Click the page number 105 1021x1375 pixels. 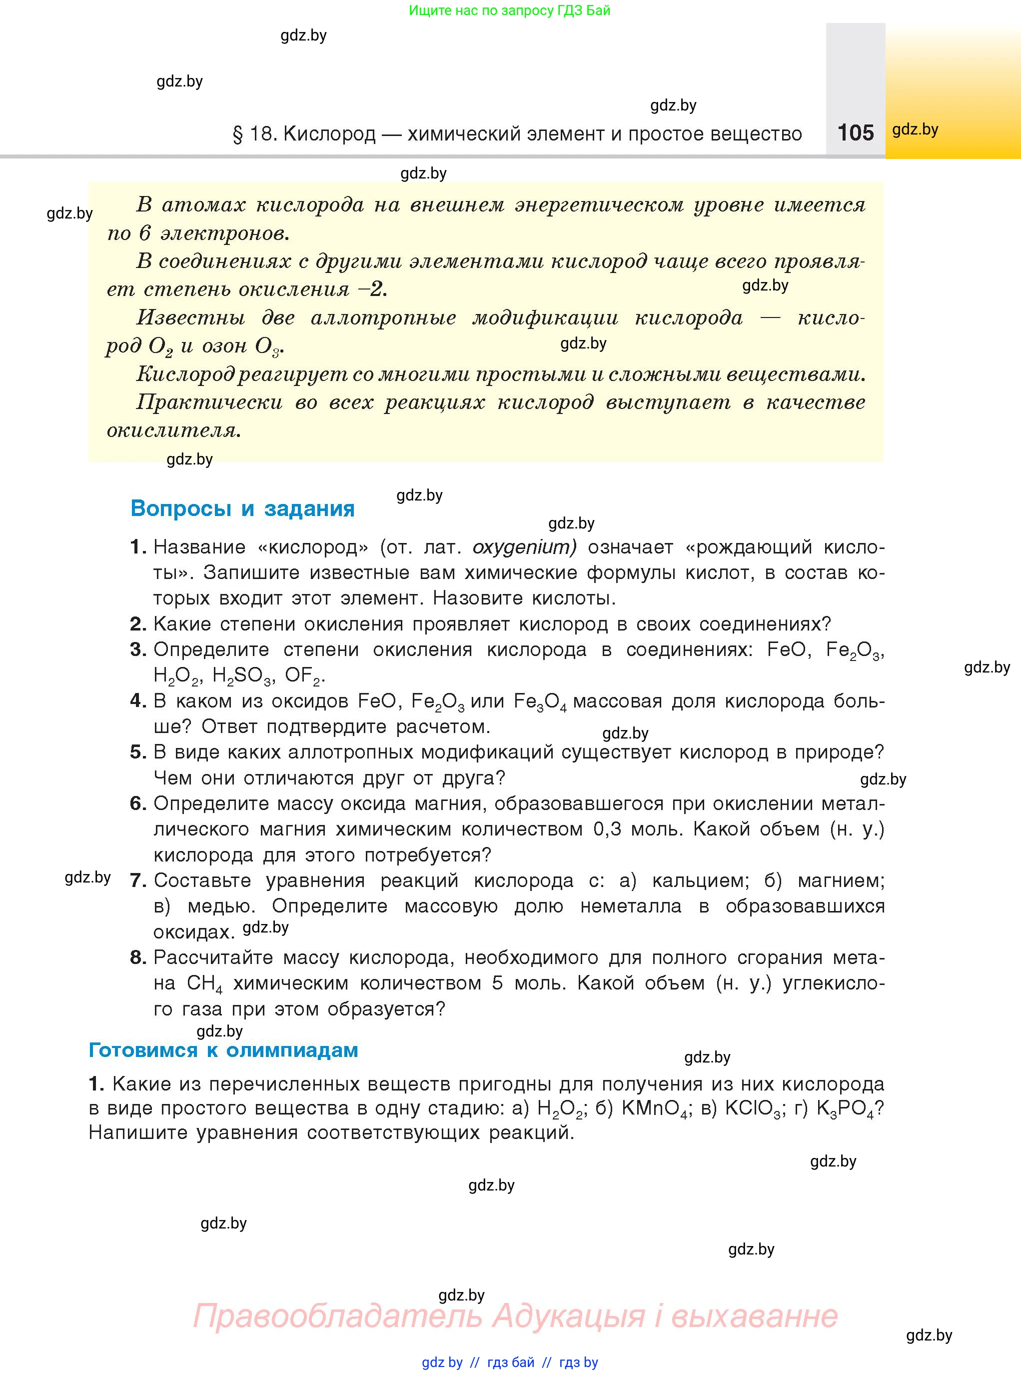(856, 132)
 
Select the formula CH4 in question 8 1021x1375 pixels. (204, 983)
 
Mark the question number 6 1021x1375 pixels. (137, 803)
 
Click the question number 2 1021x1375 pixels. (137, 624)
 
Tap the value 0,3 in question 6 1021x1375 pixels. (607, 829)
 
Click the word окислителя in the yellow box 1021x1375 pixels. (173, 429)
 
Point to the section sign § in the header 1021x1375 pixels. (237, 134)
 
